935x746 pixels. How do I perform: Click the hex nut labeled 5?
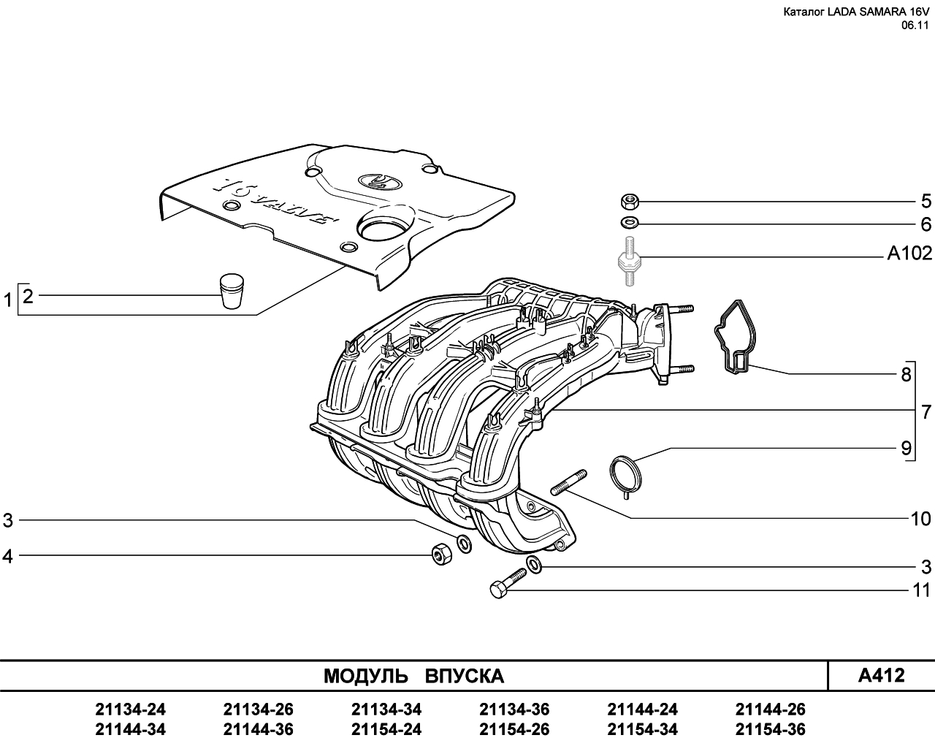pyautogui.click(x=630, y=201)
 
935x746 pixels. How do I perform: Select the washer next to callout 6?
pyautogui.click(x=630, y=223)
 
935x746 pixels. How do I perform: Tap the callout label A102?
pyautogui.click(x=909, y=253)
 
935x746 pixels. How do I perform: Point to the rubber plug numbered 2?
pyautogui.click(x=232, y=291)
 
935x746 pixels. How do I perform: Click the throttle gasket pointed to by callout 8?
pyautogui.click(x=734, y=338)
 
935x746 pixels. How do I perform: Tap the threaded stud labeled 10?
pyautogui.click(x=569, y=482)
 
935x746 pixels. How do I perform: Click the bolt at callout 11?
pyautogui.click(x=508, y=584)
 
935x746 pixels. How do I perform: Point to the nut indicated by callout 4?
pyautogui.click(x=442, y=554)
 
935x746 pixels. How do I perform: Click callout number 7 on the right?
pyautogui.click(x=926, y=411)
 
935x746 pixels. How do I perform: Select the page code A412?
pyautogui.click(x=882, y=675)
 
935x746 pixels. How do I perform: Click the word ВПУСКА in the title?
pyautogui.click(x=465, y=676)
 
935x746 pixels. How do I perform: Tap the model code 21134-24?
pyautogui.click(x=130, y=709)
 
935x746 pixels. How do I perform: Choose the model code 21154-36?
pyautogui.click(x=771, y=729)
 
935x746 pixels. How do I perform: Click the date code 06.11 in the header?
pyautogui.click(x=915, y=26)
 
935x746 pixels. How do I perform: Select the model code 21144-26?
pyautogui.click(x=771, y=709)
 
